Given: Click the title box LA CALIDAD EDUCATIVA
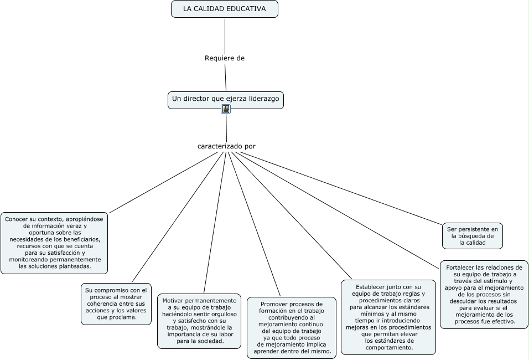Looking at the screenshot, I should click(x=224, y=9).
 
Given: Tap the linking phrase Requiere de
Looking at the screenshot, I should click(x=224, y=58).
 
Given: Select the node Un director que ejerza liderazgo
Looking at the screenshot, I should click(x=225, y=99).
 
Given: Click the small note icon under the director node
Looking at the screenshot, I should click(x=226, y=109).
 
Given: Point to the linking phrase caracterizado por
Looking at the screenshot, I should click(x=226, y=146).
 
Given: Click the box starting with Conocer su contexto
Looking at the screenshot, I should click(x=54, y=243).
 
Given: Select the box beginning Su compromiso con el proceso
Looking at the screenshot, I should click(x=116, y=304).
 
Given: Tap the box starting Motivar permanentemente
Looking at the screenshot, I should click(x=199, y=321).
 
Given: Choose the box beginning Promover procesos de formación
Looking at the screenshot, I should click(x=292, y=327).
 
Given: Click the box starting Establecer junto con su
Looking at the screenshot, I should click(x=388, y=317).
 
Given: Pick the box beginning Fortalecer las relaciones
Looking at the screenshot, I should click(x=484, y=294).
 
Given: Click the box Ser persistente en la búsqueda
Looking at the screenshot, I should click(x=473, y=235).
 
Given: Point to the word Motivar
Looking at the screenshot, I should click(x=173, y=301).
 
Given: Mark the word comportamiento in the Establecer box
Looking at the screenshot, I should click(x=389, y=348).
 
